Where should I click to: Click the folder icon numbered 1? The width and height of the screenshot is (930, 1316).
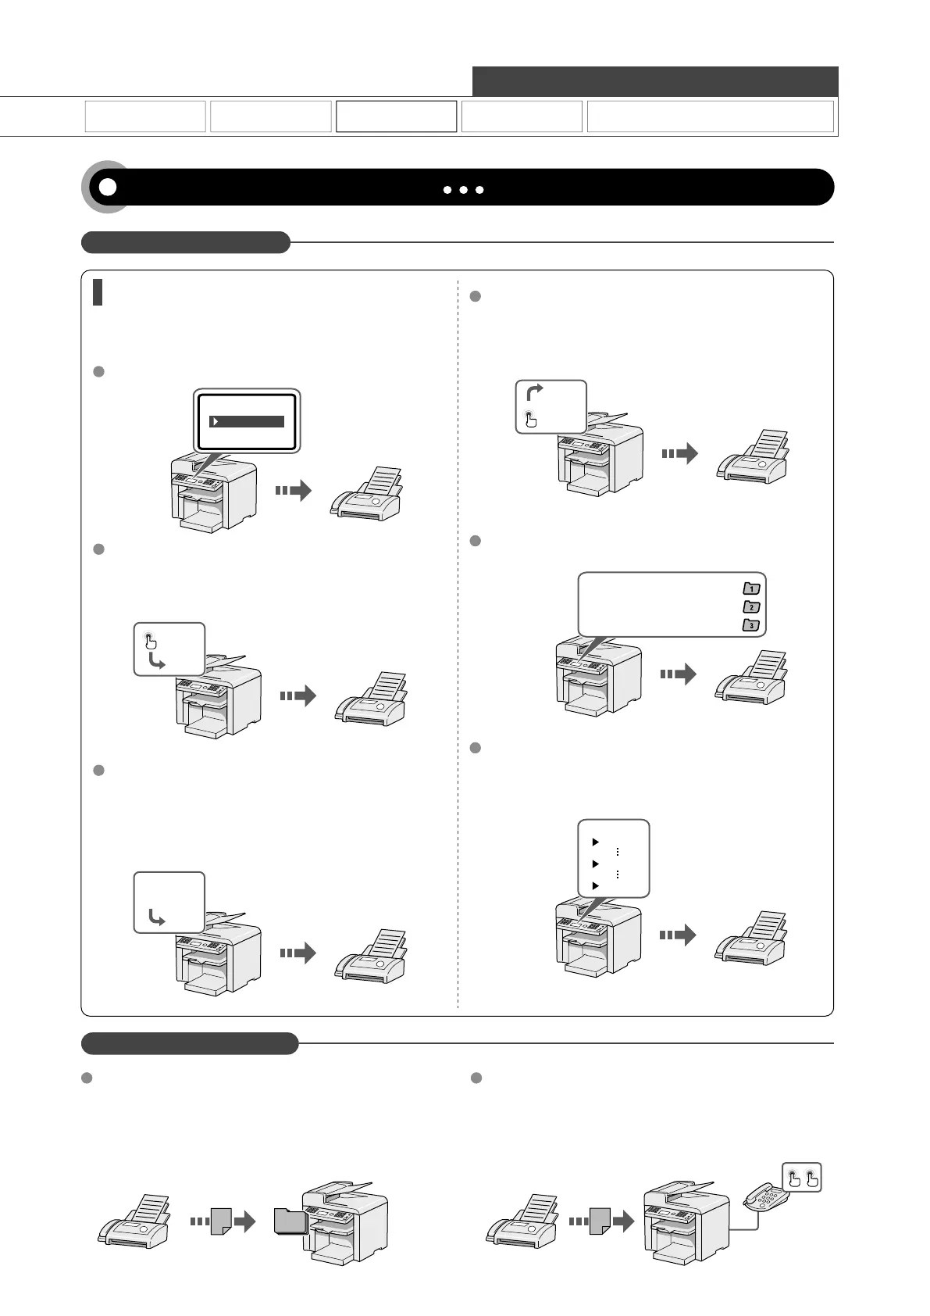751,588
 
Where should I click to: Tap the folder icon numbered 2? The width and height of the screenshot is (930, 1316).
751,606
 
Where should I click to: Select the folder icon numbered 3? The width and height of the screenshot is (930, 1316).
751,624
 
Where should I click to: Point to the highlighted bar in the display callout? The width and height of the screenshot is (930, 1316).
247,422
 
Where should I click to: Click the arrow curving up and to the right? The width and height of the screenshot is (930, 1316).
535,392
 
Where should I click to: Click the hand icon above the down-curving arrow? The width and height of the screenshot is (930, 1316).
151,642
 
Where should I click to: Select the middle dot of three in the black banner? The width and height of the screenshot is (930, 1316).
464,190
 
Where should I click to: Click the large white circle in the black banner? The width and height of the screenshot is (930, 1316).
108,188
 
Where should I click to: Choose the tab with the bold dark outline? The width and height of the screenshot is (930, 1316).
396,116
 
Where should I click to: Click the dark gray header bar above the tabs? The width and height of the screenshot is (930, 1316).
654,81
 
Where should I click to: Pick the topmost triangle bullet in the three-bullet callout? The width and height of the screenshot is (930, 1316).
596,842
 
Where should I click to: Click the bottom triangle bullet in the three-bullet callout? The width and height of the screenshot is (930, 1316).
596,885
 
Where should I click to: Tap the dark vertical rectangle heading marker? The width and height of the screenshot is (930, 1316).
98,292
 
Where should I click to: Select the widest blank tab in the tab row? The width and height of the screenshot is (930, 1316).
710,116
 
